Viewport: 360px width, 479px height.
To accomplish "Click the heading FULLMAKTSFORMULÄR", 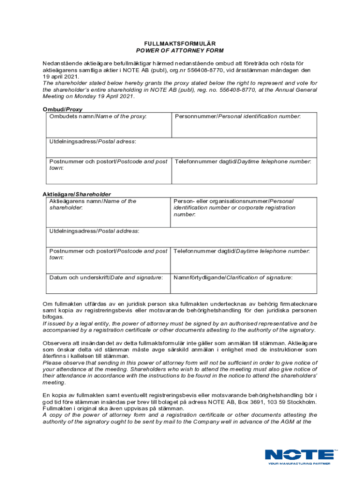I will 180,43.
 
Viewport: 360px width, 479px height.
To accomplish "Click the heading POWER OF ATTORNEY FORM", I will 180,50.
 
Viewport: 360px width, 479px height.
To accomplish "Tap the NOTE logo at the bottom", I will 299,454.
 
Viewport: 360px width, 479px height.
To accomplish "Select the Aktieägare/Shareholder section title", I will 77,194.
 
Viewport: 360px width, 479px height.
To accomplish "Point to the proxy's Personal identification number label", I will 238,116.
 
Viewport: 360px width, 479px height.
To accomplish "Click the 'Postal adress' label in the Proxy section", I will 93,141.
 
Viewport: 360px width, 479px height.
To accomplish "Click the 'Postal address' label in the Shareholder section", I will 94,231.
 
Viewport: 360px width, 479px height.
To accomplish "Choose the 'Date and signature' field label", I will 106,277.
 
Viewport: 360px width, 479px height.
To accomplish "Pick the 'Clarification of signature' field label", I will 233,277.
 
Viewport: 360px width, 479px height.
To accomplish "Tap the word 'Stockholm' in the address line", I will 300,402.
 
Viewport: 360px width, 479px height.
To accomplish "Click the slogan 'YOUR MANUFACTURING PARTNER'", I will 299,464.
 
